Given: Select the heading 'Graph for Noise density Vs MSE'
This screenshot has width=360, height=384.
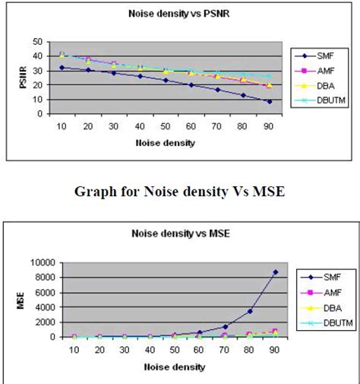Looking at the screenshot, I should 180,192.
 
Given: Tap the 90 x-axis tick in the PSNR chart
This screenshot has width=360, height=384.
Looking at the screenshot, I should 268,126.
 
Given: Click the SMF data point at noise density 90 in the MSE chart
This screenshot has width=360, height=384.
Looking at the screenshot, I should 275,272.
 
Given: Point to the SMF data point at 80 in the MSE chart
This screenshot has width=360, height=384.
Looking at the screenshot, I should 250,311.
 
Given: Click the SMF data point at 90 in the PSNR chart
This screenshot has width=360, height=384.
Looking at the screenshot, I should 268,101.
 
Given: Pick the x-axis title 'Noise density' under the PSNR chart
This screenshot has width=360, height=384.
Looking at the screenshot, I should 165,141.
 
